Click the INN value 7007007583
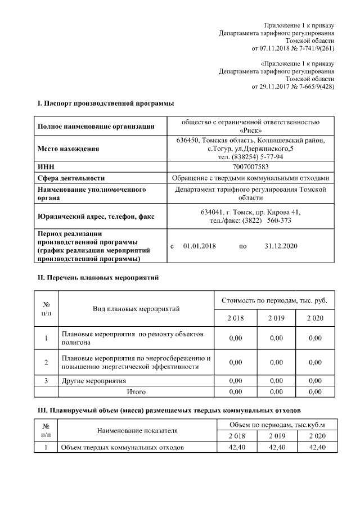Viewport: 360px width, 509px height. [x=250, y=167]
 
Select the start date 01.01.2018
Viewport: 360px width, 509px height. [x=199, y=246]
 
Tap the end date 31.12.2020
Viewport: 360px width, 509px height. [x=281, y=246]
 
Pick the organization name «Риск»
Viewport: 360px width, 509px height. [x=250, y=130]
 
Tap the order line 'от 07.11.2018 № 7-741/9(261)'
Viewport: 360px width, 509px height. [x=292, y=48]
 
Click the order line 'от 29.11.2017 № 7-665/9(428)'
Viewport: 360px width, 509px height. [x=292, y=87]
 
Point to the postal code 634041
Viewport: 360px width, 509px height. [x=211, y=212]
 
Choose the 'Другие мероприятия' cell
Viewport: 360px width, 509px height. [x=93, y=381]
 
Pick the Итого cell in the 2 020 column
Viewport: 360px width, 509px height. [x=315, y=391]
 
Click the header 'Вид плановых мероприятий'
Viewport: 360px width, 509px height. [x=136, y=309]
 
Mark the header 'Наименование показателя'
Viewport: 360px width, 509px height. [x=137, y=430]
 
